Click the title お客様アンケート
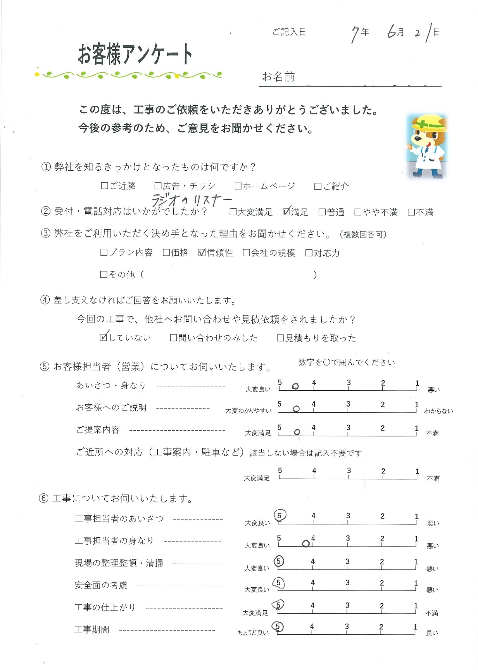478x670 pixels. pyautogui.click(x=135, y=54)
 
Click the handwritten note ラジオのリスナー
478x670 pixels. pyautogui.click(x=191, y=200)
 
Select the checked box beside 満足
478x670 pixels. pyautogui.click(x=286, y=212)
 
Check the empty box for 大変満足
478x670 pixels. pyautogui.click(x=233, y=212)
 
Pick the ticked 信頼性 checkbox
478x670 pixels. pyautogui.click(x=202, y=253)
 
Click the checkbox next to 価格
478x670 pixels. pyautogui.click(x=166, y=253)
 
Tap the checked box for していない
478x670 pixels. pyautogui.click(x=104, y=337)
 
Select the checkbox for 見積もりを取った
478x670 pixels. pyautogui.click(x=280, y=338)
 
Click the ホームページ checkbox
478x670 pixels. pyautogui.click(x=238, y=186)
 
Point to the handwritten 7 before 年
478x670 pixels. pyautogui.click(x=355, y=34)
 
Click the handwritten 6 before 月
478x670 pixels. pyautogui.click(x=392, y=31)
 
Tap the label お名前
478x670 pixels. pyautogui.click(x=278, y=77)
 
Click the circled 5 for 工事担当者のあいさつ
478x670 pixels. pyautogui.click(x=280, y=516)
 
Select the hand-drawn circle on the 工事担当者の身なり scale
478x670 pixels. pyautogui.click(x=305, y=544)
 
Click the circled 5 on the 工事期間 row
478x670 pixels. pyautogui.click(x=278, y=627)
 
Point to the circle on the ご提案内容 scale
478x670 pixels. pyautogui.click(x=297, y=432)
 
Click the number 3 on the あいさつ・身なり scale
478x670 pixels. pyautogui.click(x=349, y=383)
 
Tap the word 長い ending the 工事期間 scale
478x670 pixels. pyautogui.click(x=432, y=633)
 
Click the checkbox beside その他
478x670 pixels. pyautogui.click(x=104, y=275)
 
